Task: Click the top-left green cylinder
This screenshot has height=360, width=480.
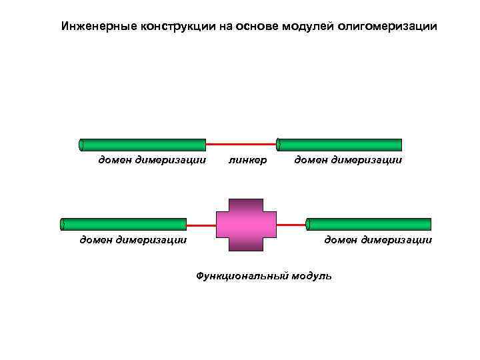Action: pos(143,145)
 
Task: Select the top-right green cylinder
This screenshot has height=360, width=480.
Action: pos(339,145)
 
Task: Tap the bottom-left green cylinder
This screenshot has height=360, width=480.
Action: pos(123,224)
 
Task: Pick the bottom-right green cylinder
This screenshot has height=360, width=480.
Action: pos(369,224)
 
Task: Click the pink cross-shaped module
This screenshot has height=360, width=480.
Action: pos(246,225)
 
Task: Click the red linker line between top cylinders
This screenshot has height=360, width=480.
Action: pos(241,144)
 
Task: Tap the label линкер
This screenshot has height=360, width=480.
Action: pos(247,160)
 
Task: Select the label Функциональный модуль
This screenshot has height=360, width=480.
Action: pos(263,275)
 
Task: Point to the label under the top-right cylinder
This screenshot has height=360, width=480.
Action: pos(348,160)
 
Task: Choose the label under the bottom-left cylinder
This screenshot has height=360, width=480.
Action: pos(133,239)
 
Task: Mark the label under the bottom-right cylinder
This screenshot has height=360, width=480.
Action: pos(378,239)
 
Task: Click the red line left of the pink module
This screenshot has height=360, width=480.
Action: pos(201,225)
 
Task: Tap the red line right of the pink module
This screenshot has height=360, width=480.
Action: pos(291,225)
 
